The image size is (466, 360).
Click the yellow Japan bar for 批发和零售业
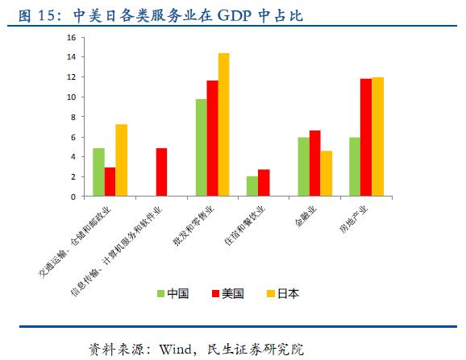[224, 125]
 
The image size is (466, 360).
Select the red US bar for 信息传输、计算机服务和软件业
[161, 172]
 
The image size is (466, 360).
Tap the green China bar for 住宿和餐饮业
[252, 186]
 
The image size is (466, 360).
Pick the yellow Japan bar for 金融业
[327, 173]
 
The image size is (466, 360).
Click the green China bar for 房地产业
[355, 167]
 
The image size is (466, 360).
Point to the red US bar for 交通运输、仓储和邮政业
[110, 182]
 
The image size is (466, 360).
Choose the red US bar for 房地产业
[366, 138]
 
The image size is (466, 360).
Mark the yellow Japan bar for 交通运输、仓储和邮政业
[121, 160]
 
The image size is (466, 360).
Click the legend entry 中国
[173, 293]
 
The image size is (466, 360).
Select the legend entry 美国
[227, 293]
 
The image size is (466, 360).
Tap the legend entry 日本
[283, 293]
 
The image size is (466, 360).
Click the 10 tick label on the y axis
[71, 97]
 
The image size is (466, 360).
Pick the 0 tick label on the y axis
[73, 197]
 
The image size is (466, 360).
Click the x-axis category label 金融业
[306, 217]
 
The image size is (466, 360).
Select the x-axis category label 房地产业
[354, 219]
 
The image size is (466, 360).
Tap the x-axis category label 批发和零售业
[193, 226]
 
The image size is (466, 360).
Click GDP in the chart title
[235, 15]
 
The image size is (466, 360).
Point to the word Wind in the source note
[175, 350]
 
